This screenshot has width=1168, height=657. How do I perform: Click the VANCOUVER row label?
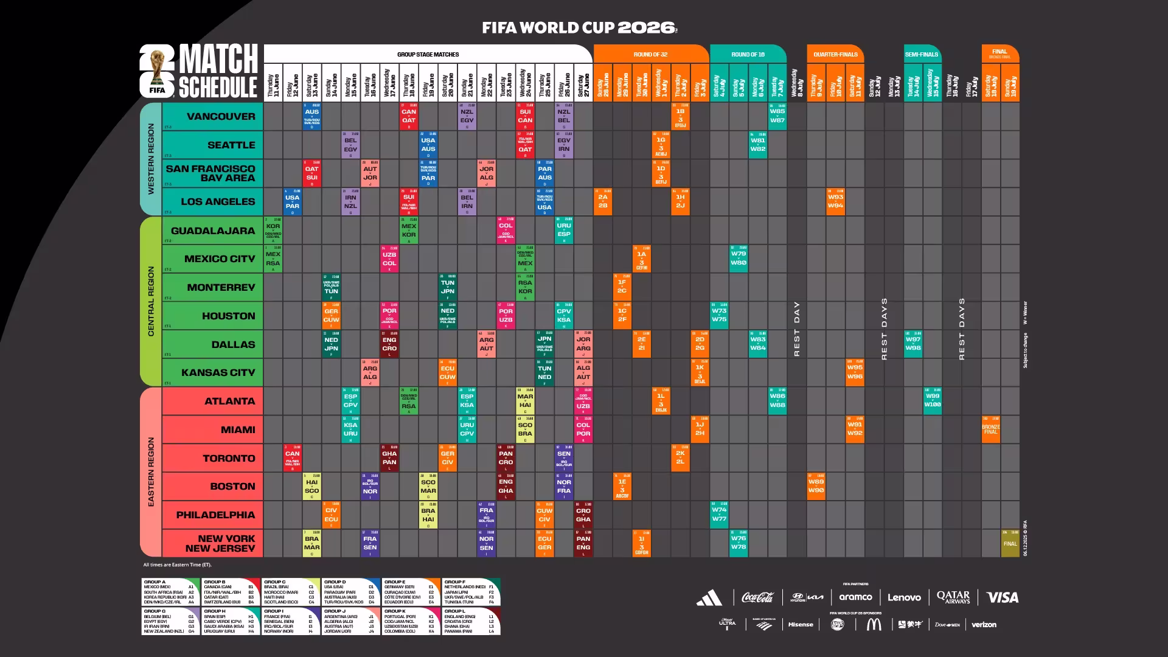[x=221, y=117]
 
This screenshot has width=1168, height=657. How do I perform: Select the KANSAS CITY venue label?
[x=218, y=372]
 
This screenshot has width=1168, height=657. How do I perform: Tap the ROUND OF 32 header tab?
[x=650, y=54]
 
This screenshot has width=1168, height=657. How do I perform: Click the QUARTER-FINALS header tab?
[x=835, y=54]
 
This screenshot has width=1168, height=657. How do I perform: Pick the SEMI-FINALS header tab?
[x=921, y=54]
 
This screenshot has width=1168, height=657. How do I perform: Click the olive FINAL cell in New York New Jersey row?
[x=1010, y=543]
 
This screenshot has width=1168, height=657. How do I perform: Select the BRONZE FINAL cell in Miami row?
[x=990, y=429]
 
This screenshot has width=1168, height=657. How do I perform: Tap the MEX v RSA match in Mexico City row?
[x=273, y=259]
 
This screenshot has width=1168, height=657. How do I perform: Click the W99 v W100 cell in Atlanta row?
[x=932, y=401]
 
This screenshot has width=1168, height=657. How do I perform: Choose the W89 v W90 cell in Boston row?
[x=816, y=486]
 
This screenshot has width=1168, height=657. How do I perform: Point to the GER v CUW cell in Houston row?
[x=331, y=316]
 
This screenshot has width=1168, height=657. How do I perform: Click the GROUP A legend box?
[x=170, y=592]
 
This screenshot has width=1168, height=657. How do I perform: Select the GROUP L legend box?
[x=471, y=620]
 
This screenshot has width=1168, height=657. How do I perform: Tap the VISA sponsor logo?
[x=1002, y=597]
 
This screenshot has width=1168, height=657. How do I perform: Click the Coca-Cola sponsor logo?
[x=757, y=597]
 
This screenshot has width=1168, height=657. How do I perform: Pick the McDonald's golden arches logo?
[x=873, y=624]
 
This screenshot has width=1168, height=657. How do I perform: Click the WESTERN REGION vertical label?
[x=151, y=159]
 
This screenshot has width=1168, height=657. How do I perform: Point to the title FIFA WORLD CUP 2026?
[x=579, y=27]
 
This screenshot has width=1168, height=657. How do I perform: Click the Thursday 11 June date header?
[x=273, y=85]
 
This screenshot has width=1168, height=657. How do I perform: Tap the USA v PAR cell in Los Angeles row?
[x=292, y=202]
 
